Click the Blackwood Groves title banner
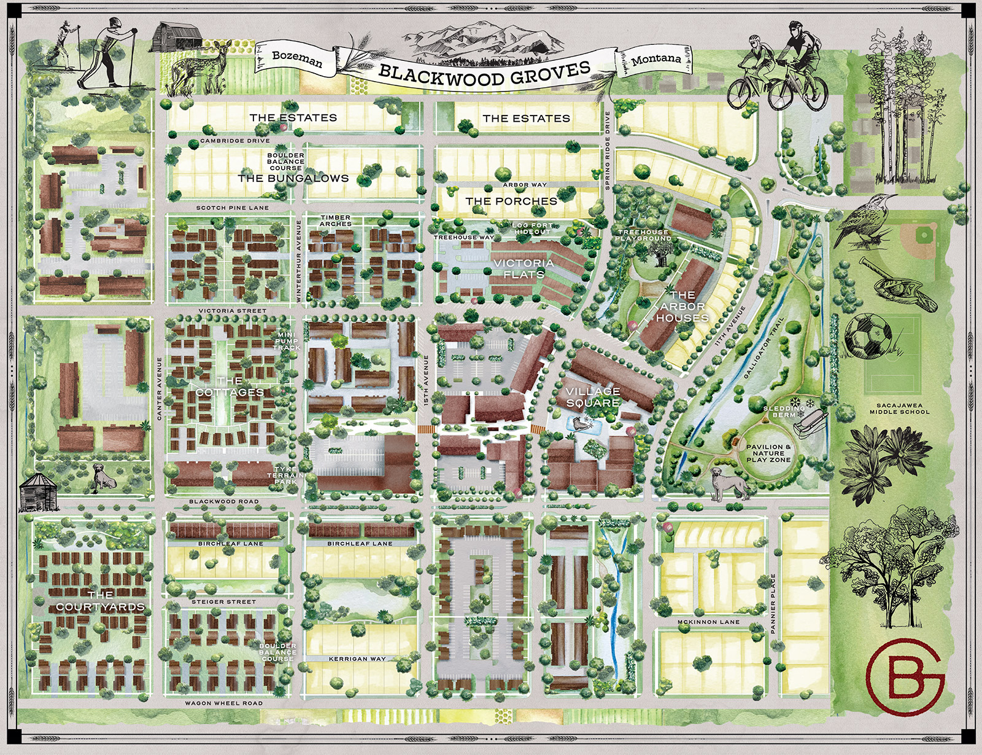(485, 72)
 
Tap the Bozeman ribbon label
(297, 59)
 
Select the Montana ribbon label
(656, 59)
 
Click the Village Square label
(593, 397)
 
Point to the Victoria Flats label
(524, 268)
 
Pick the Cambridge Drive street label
(235, 141)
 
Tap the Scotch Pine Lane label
(233, 208)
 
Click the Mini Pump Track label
(287, 341)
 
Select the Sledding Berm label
(784, 411)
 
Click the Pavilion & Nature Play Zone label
(768, 453)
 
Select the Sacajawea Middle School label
(899, 409)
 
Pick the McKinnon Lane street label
(708, 622)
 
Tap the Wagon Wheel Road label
(223, 703)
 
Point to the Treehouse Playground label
(644, 235)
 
